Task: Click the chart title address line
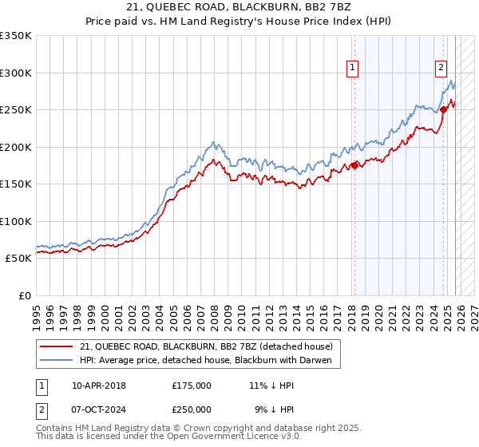[239, 6]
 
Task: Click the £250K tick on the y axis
[16, 110]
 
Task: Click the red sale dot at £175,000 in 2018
[354, 166]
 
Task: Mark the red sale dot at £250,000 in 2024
[443, 110]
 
